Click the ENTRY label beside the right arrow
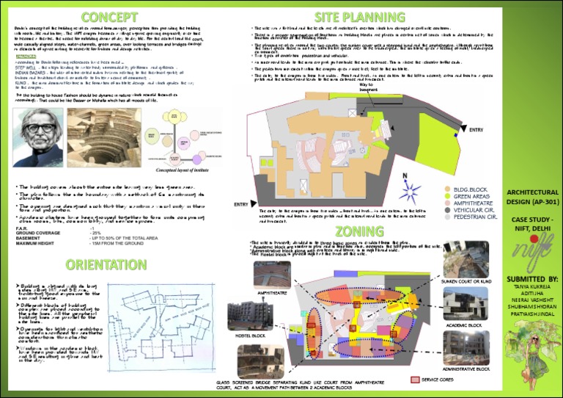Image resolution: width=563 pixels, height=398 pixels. tap(476, 130)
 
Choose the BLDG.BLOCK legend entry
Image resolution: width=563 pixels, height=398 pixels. tap(473, 190)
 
